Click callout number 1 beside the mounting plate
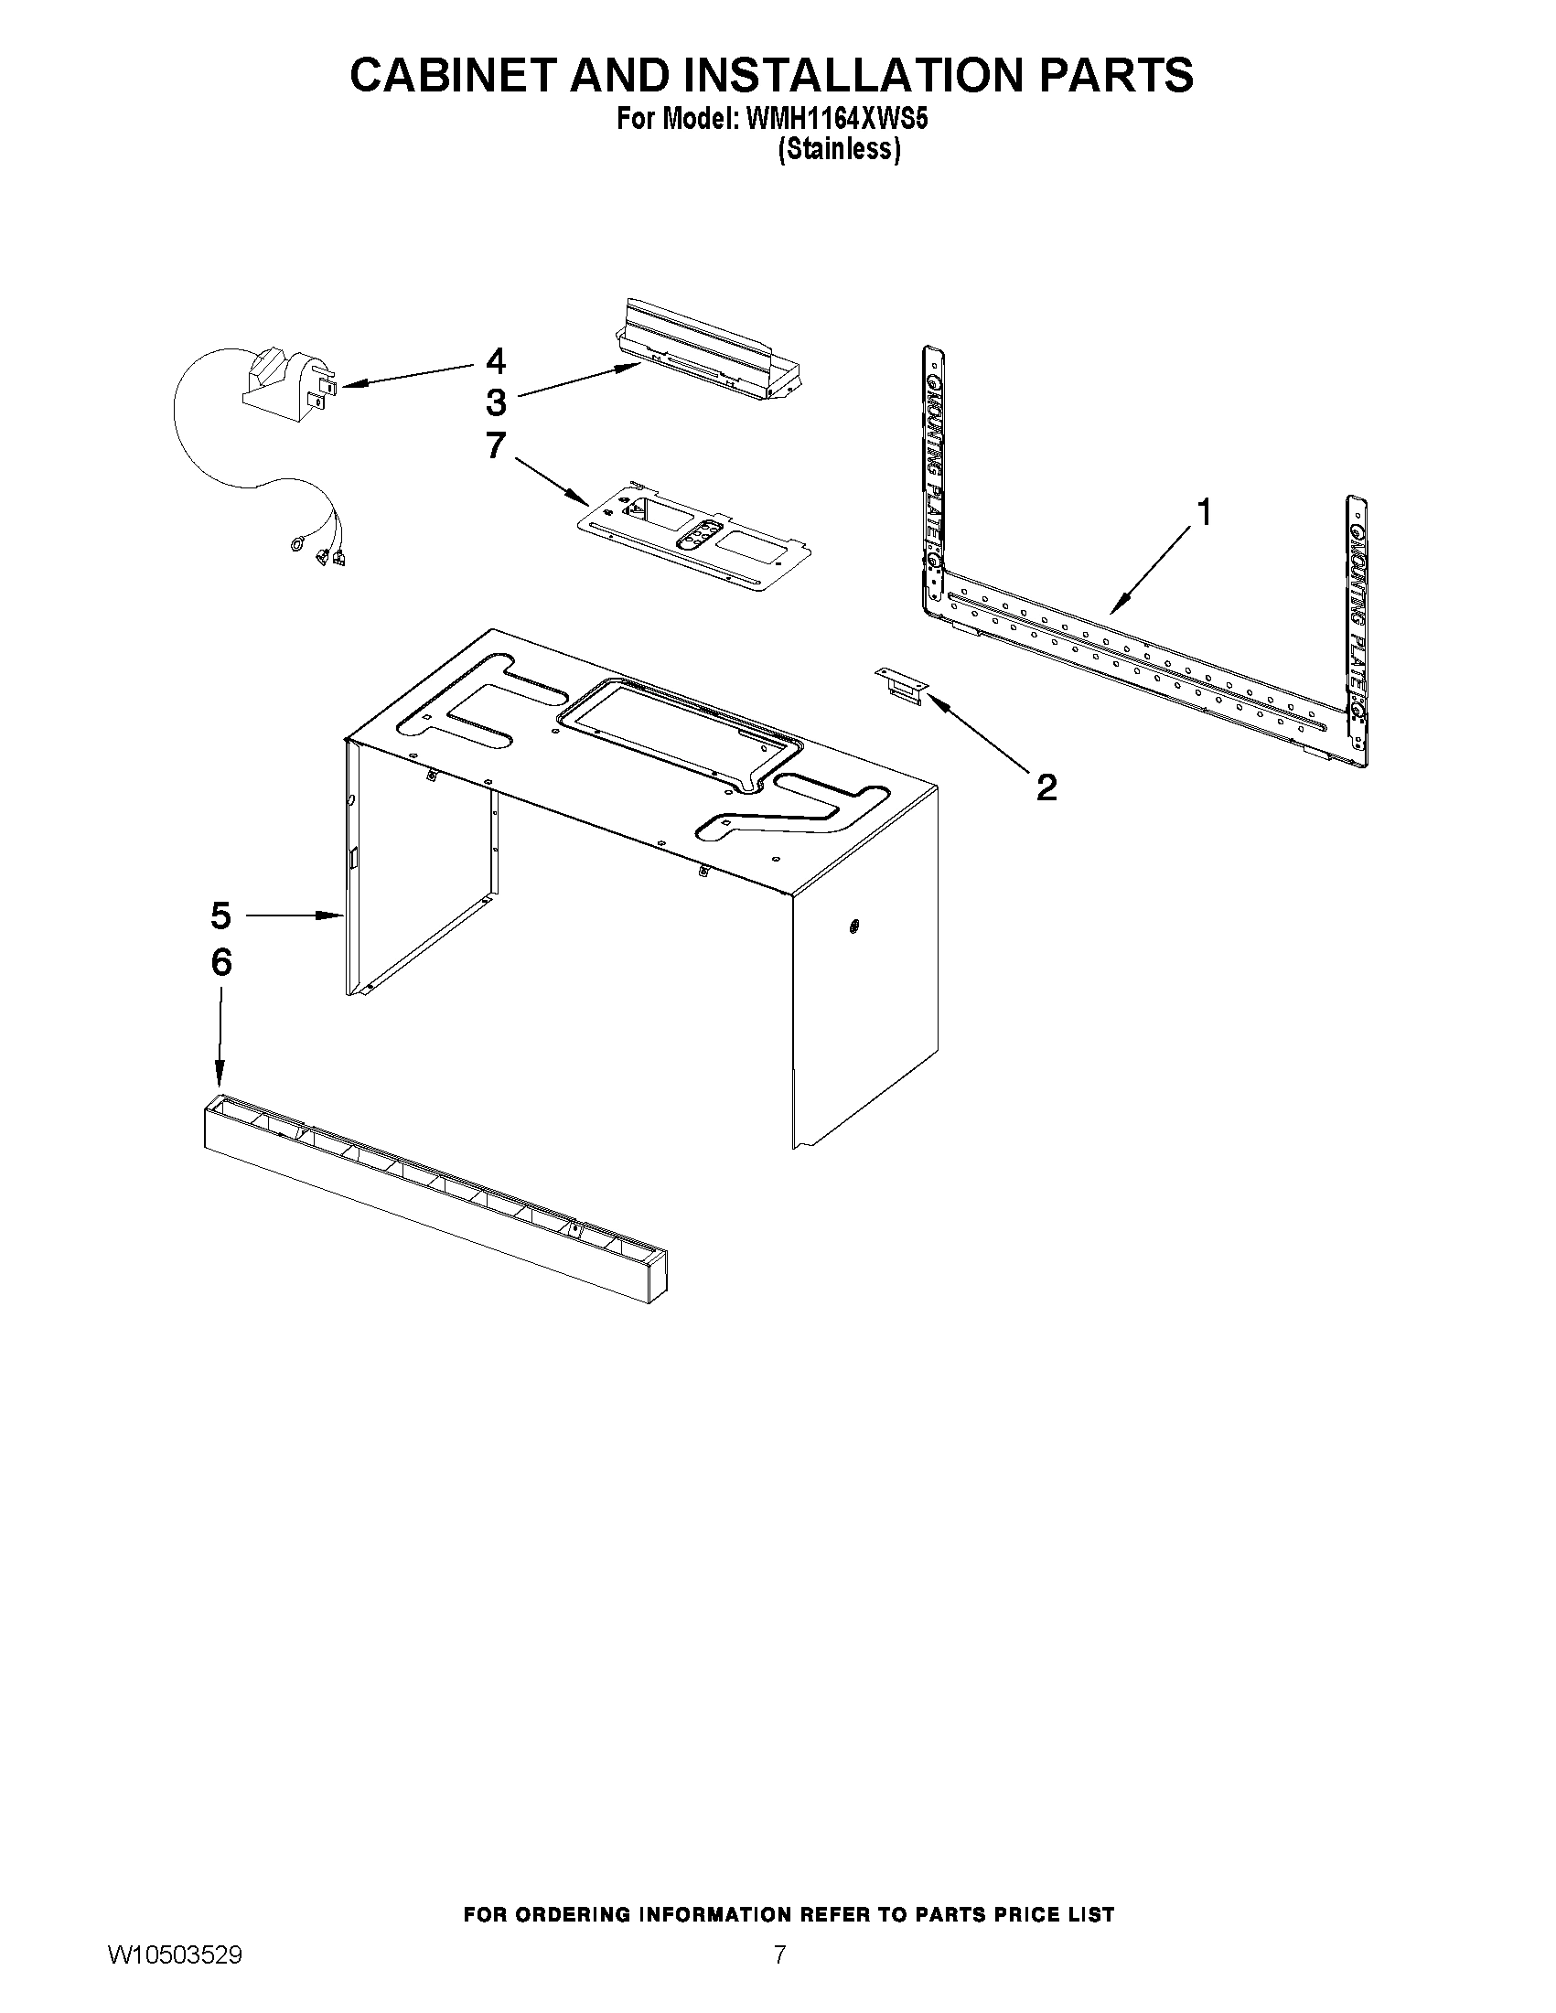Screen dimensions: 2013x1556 point(1204,512)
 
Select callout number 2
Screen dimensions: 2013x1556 point(1046,787)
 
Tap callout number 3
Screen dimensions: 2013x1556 point(496,402)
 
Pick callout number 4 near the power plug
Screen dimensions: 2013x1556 point(496,361)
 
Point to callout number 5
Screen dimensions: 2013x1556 point(220,916)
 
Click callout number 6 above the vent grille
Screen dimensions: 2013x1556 point(221,962)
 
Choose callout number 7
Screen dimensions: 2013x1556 point(496,445)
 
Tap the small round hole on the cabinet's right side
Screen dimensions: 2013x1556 point(853,926)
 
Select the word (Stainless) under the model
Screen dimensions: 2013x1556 point(839,149)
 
